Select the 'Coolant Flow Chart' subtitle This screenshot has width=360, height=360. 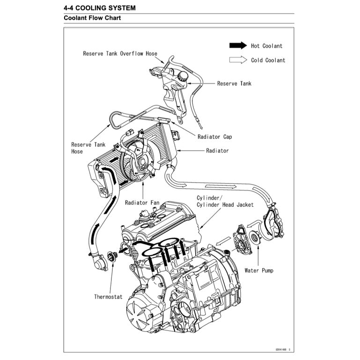coord(92,19)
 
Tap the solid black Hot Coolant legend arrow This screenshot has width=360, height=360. coord(237,45)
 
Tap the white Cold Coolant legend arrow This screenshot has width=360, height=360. coord(237,60)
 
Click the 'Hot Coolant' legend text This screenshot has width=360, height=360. coord(266,46)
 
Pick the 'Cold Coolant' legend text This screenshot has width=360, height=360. coord(268,60)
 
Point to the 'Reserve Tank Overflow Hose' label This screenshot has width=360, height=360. coord(120,54)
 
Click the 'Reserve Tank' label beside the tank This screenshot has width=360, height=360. coord(234,84)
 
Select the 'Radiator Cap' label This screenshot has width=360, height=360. coord(214,137)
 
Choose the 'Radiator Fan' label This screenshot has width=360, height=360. coord(142,203)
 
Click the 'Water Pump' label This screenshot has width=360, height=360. coord(259,271)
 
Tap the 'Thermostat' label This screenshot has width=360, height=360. coord(108,296)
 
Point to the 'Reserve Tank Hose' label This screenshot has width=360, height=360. coord(88,148)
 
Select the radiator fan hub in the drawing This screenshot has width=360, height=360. coord(139,162)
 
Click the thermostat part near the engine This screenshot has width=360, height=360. coord(111,256)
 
